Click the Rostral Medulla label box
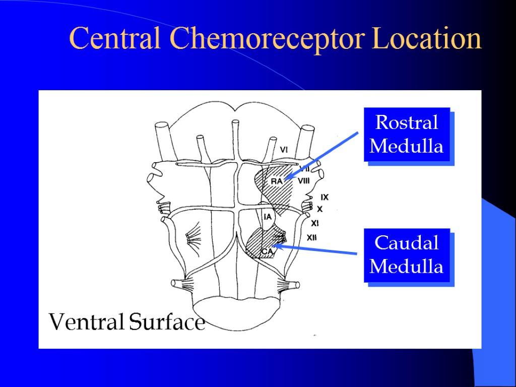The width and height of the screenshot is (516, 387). click(406, 134)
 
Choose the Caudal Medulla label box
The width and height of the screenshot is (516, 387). click(406, 254)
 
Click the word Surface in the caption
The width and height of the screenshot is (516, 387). click(167, 321)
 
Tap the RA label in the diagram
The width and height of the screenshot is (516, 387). click(276, 181)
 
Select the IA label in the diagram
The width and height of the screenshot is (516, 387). click(268, 217)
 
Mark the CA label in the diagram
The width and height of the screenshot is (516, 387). click(267, 250)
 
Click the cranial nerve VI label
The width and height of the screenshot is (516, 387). click(284, 149)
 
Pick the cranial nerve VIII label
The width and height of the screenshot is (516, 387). click(304, 181)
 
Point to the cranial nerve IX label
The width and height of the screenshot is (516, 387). click(325, 197)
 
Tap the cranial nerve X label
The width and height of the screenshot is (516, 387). click(319, 209)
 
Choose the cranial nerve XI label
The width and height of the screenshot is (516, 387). click(315, 222)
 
